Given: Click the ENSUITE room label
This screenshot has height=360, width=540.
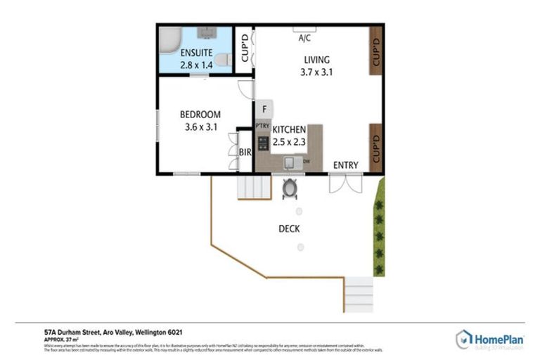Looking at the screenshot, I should (x=195, y=53).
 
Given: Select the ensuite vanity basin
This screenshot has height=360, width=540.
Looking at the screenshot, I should (x=206, y=32).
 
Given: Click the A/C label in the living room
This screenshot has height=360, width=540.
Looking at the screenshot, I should (x=305, y=37).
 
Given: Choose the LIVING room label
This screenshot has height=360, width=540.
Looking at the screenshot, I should (x=316, y=59).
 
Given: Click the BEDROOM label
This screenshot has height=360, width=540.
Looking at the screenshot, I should (x=200, y=115).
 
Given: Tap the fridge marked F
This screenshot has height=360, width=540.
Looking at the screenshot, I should (x=264, y=109).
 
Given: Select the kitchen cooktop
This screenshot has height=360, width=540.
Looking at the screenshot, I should (x=263, y=143).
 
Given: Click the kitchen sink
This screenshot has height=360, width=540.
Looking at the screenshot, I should (x=289, y=163).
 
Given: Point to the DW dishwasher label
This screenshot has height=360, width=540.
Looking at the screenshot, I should (x=307, y=162).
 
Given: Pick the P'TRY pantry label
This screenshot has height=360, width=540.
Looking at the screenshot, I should (x=262, y=127).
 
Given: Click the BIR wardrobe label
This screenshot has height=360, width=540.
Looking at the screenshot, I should (x=245, y=151).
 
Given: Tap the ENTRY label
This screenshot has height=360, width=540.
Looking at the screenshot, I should (x=346, y=165).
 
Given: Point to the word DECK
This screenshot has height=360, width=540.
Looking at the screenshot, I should (x=290, y=229).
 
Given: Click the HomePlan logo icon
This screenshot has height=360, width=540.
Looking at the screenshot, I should (x=463, y=339).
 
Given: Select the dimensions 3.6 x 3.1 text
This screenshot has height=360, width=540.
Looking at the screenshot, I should (x=200, y=127).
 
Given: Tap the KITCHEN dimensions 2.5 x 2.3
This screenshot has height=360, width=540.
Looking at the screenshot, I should (x=289, y=142).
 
